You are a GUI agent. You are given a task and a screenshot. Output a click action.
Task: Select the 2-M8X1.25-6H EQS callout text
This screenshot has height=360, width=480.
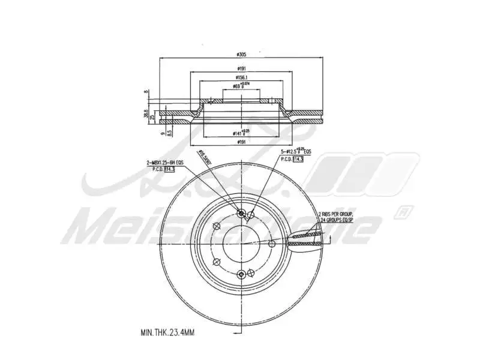166,163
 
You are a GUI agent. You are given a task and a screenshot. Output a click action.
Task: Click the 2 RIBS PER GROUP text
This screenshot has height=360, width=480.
337,213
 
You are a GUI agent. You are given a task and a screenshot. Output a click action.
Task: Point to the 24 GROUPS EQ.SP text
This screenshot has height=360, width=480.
337,220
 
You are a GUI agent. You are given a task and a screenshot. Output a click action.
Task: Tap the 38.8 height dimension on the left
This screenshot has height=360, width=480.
146,112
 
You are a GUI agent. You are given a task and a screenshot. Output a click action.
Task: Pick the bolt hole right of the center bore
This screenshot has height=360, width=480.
272,244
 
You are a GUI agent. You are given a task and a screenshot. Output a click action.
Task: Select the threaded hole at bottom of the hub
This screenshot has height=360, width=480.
241,274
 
